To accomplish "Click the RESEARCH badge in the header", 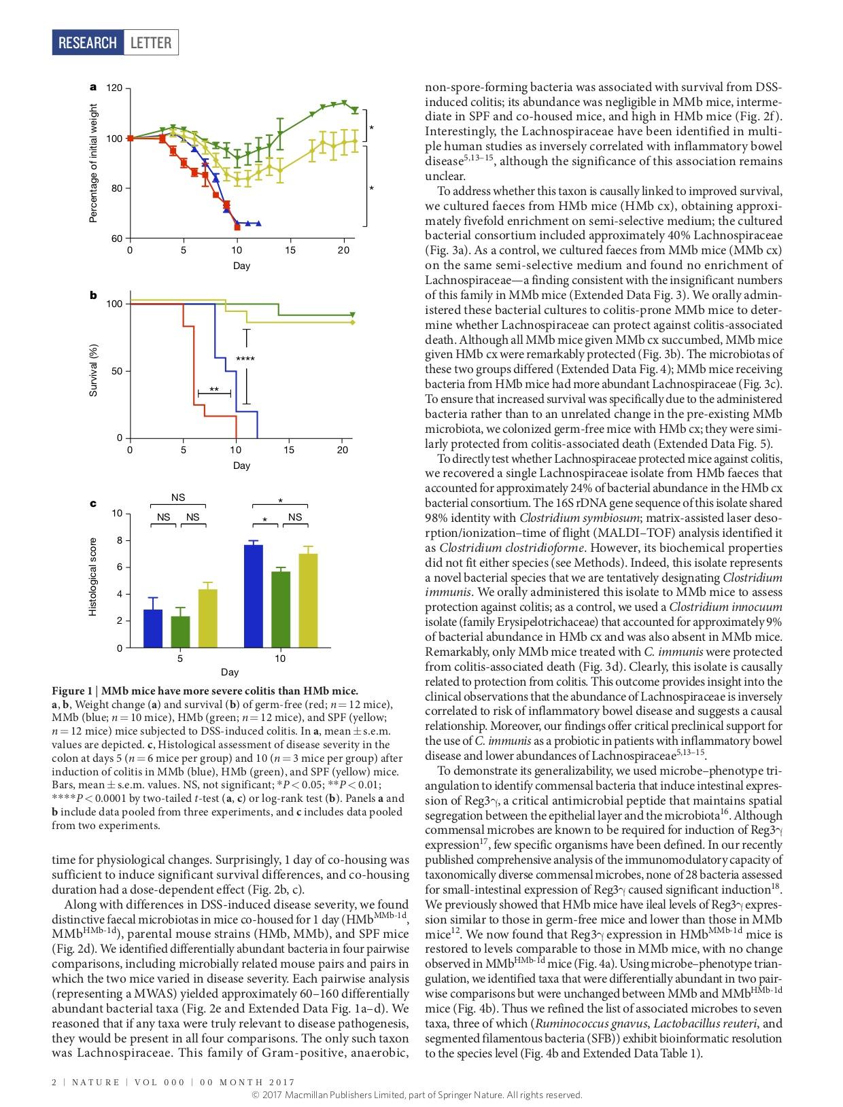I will [88, 43].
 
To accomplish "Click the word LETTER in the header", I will [150, 43].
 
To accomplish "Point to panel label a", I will [93, 87].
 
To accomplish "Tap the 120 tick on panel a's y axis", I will [114, 88].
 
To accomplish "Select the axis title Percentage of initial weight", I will [94, 163].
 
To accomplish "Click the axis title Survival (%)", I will [94, 371].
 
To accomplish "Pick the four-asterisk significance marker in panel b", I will [245, 358].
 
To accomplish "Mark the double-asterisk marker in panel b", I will [214, 389].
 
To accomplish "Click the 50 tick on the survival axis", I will [117, 371].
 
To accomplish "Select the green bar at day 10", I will [281, 610].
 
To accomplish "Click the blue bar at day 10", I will [254, 596].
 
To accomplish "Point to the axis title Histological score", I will [94, 577].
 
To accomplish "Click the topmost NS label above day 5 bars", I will [178, 497].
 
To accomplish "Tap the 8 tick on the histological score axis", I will [119, 540].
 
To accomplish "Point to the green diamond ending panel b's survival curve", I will [352, 315].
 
